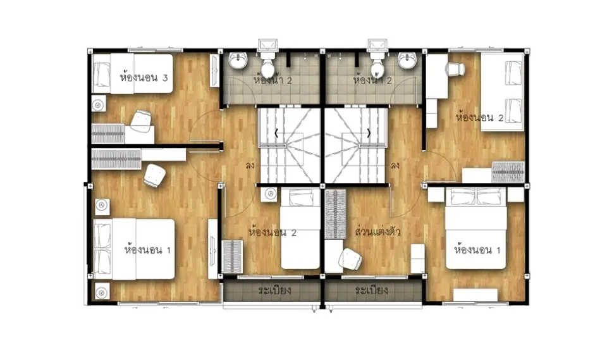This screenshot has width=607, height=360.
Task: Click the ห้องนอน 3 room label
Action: [144, 77]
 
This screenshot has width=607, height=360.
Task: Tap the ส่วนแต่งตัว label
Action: [378, 232]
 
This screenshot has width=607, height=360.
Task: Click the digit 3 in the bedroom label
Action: [165, 78]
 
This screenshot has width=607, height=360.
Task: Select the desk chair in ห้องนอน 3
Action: [140, 120]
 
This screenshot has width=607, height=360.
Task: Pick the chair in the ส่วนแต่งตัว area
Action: [350, 259]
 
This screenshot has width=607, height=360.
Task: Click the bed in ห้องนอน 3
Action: [132, 73]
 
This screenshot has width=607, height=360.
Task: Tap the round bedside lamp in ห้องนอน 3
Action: [99, 104]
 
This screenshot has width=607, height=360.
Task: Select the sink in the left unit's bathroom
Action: [238, 61]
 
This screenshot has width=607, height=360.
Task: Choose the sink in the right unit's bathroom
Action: [407, 61]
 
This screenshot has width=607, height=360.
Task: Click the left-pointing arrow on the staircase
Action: [276, 133]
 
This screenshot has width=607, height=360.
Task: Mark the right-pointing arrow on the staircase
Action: [369, 133]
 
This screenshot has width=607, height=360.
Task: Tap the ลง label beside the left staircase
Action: [250, 166]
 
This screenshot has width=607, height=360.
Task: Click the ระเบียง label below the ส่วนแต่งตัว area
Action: [372, 290]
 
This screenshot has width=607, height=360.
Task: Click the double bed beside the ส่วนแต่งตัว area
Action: [476, 228]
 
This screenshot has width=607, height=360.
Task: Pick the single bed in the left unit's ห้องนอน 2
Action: [300, 228]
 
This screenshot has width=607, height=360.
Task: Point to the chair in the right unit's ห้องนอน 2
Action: [455, 69]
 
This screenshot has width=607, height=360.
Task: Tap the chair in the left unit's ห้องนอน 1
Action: [155, 175]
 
